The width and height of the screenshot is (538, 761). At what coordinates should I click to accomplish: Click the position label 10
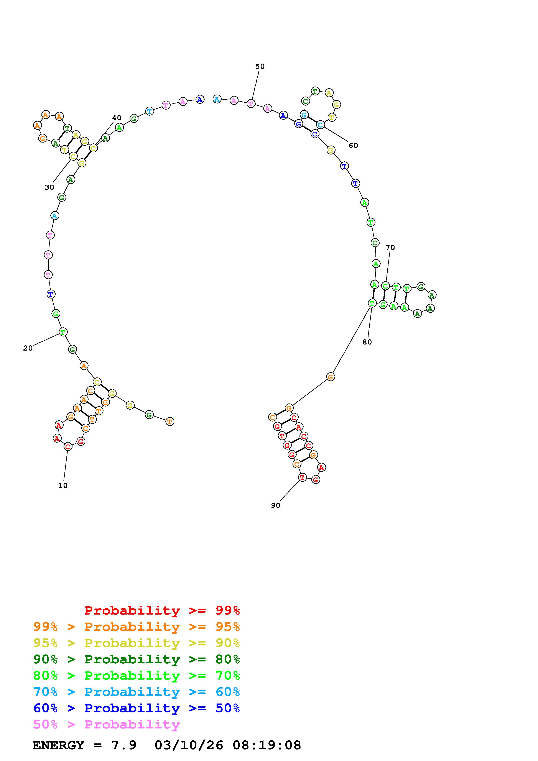coord(63,485)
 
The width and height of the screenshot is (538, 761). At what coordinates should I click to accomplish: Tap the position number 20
coord(28,348)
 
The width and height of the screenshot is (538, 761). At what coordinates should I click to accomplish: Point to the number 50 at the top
coord(260,66)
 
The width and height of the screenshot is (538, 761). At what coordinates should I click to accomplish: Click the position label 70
coord(390,247)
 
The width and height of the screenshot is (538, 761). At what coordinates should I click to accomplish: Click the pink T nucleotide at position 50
coord(251,103)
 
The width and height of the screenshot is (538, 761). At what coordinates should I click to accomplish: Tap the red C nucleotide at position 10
coord(68,446)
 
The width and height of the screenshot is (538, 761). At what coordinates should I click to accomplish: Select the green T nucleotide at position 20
coord(63,332)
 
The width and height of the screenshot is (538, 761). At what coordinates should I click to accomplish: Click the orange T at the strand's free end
coord(170,422)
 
